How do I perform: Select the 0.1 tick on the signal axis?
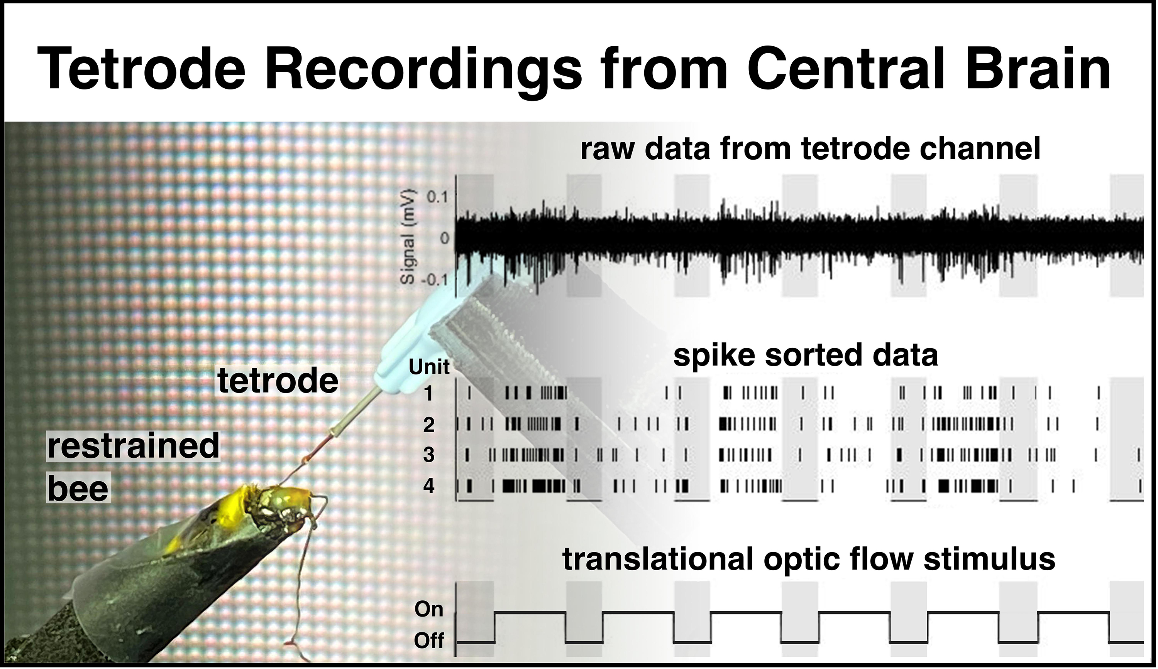click(x=437, y=198)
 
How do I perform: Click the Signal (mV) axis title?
click(x=408, y=238)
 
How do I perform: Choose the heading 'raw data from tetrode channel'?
click(x=811, y=149)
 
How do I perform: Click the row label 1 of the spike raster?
click(x=429, y=394)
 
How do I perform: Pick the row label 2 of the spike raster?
click(x=429, y=425)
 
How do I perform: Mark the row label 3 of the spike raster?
click(x=429, y=455)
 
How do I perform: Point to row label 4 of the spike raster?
click(x=429, y=485)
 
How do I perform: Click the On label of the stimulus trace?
click(x=429, y=609)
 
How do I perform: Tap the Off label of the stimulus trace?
click(x=429, y=640)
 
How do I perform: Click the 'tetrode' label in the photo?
click(x=278, y=381)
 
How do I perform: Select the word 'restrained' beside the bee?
click(x=133, y=446)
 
